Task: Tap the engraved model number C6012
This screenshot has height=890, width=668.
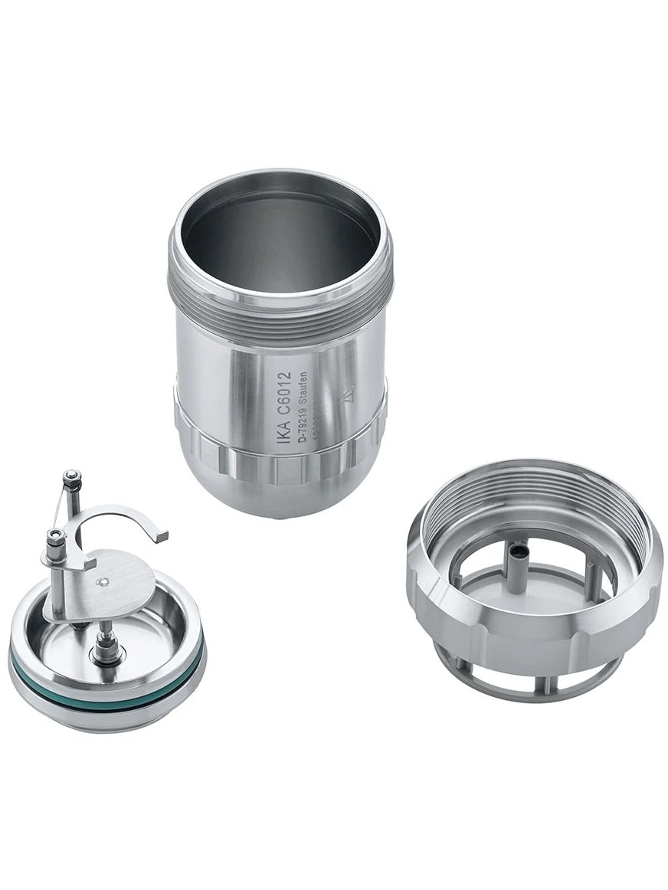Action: [283, 398]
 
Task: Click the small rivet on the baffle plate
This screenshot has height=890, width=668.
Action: [102, 582]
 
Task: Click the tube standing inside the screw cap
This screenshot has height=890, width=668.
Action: [517, 567]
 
